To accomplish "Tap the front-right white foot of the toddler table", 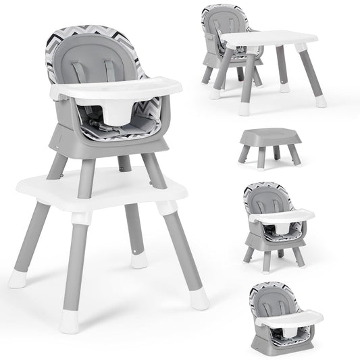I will tap(320, 101).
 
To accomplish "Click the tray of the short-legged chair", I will tap(281, 215).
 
